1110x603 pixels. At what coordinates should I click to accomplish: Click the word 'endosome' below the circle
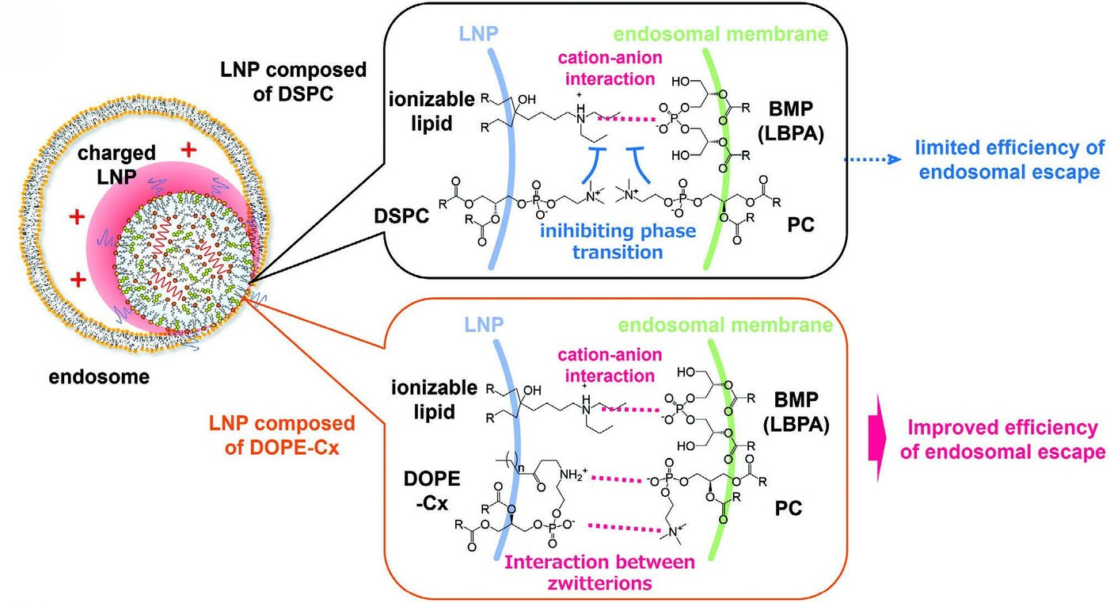[98, 377]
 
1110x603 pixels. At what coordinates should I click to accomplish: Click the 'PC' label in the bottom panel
[787, 508]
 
